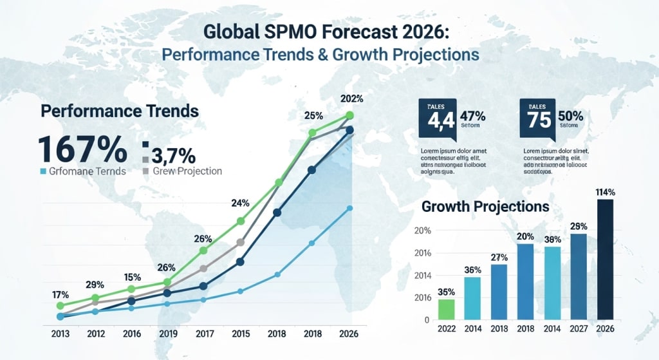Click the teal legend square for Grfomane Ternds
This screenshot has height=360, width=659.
point(43,172)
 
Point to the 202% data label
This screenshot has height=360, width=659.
point(351,99)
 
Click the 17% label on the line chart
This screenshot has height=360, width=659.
point(60,295)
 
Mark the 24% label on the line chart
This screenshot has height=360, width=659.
point(240,204)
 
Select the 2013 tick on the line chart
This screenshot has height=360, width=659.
point(61,334)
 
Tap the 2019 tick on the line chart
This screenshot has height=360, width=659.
point(168,334)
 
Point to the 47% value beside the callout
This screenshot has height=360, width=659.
point(473,116)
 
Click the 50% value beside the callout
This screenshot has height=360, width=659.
point(570,116)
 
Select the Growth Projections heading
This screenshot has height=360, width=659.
point(485,207)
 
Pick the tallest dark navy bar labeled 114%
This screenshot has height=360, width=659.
point(606,259)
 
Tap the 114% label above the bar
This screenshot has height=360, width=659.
point(606,192)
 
